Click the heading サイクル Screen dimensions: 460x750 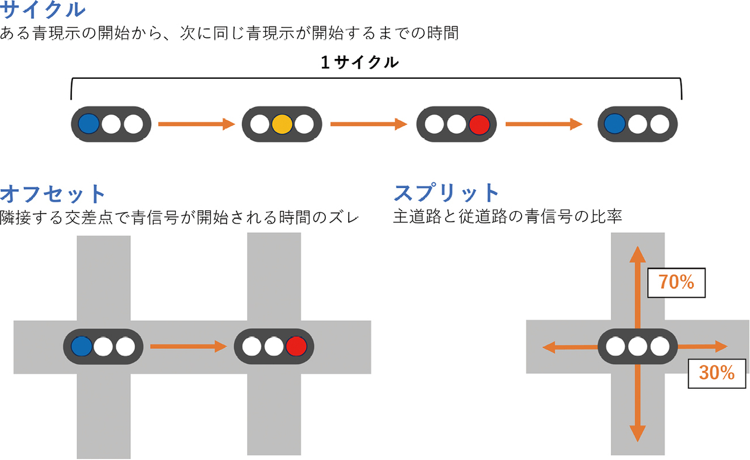pos(43,10)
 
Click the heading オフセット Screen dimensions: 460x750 pos(53,193)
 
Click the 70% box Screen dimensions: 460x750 pos(676,283)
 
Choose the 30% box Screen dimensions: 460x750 pos(717,373)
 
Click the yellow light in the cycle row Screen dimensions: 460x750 pos(282,124)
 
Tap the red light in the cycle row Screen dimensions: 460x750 pos(478,124)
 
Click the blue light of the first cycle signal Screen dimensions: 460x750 pos(89,124)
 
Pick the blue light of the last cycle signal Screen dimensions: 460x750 pos(615,124)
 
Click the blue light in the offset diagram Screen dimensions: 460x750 pos(81,347)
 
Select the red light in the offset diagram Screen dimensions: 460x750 pos(296,347)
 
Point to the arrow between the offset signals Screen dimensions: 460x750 pos(187,347)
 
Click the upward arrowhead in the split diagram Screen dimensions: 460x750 pos(637,255)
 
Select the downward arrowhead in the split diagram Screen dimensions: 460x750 pos(637,434)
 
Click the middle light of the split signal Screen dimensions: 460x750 pos(637,347)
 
